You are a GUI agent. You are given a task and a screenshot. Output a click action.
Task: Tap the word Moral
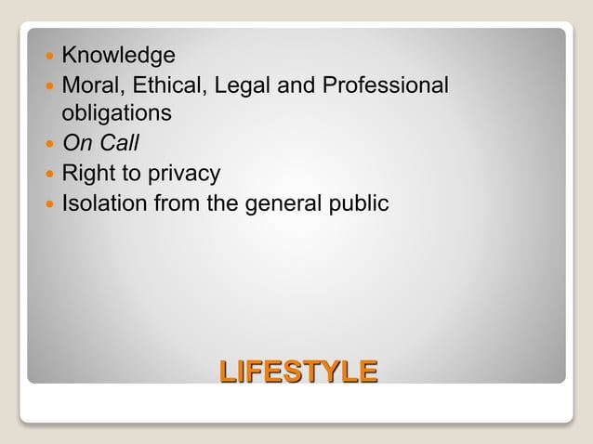click(89, 85)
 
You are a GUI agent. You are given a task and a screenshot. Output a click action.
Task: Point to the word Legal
click(243, 85)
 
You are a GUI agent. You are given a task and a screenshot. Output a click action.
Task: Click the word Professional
click(385, 85)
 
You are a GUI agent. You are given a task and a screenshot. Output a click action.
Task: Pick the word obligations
click(116, 113)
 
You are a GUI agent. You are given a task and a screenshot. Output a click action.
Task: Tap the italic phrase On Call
click(99, 144)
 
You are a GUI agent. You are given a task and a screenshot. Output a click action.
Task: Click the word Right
click(87, 173)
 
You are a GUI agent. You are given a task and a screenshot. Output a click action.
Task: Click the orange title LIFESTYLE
click(298, 372)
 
